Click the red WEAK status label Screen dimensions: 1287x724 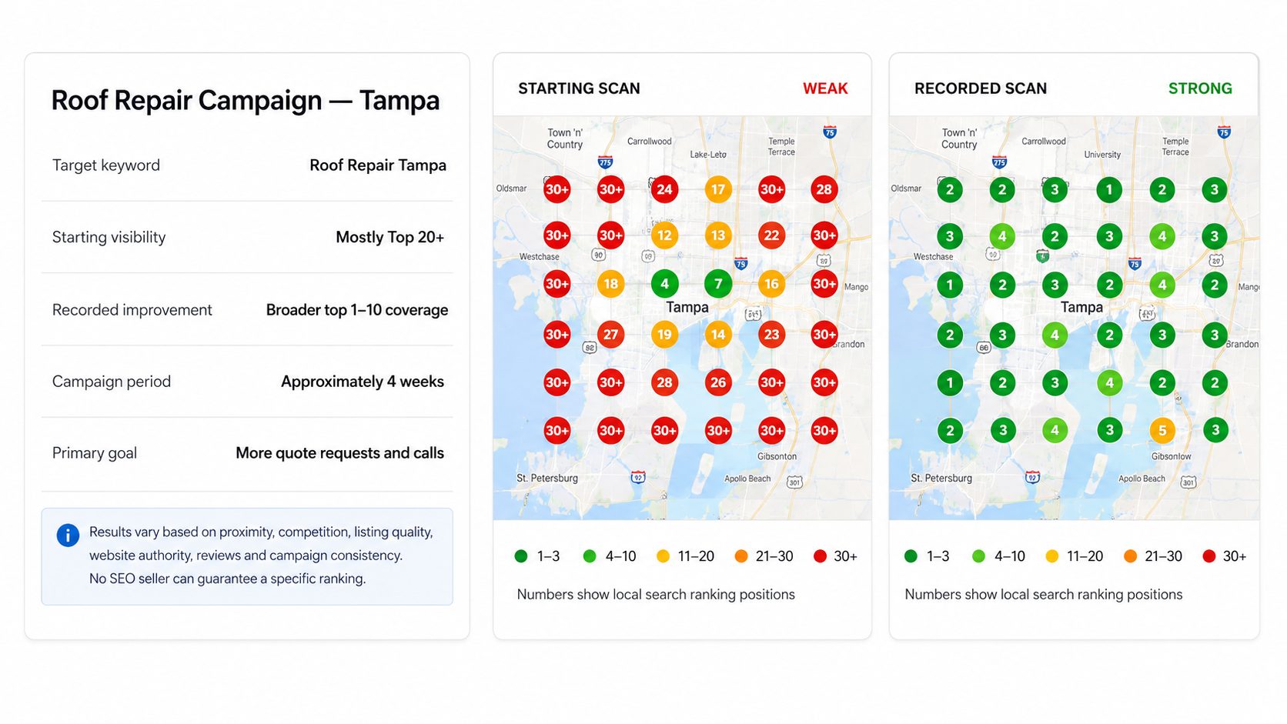coord(825,88)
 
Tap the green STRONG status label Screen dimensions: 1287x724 coord(1200,88)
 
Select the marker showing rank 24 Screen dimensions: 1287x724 coord(664,189)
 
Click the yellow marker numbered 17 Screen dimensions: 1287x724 coord(718,189)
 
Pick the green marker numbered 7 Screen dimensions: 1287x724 coord(718,284)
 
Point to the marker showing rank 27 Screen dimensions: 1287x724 coord(610,335)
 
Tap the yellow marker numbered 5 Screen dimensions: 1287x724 coord(1162,430)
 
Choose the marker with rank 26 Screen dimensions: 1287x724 coord(718,382)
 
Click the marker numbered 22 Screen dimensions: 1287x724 coord(771,235)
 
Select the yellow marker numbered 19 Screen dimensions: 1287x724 coord(664,335)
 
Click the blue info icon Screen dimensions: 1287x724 coord(68,535)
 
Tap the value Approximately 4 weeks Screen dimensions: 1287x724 coord(363,382)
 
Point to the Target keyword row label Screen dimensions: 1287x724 coord(106,165)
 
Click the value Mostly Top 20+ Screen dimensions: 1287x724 coord(390,237)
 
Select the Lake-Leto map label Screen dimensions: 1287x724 coord(708,155)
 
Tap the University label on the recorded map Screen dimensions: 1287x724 coord(1102,155)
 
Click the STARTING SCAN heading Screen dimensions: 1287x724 coord(579,88)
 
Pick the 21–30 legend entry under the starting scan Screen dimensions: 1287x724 coord(764,556)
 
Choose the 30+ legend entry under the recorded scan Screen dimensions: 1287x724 coord(1225,556)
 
